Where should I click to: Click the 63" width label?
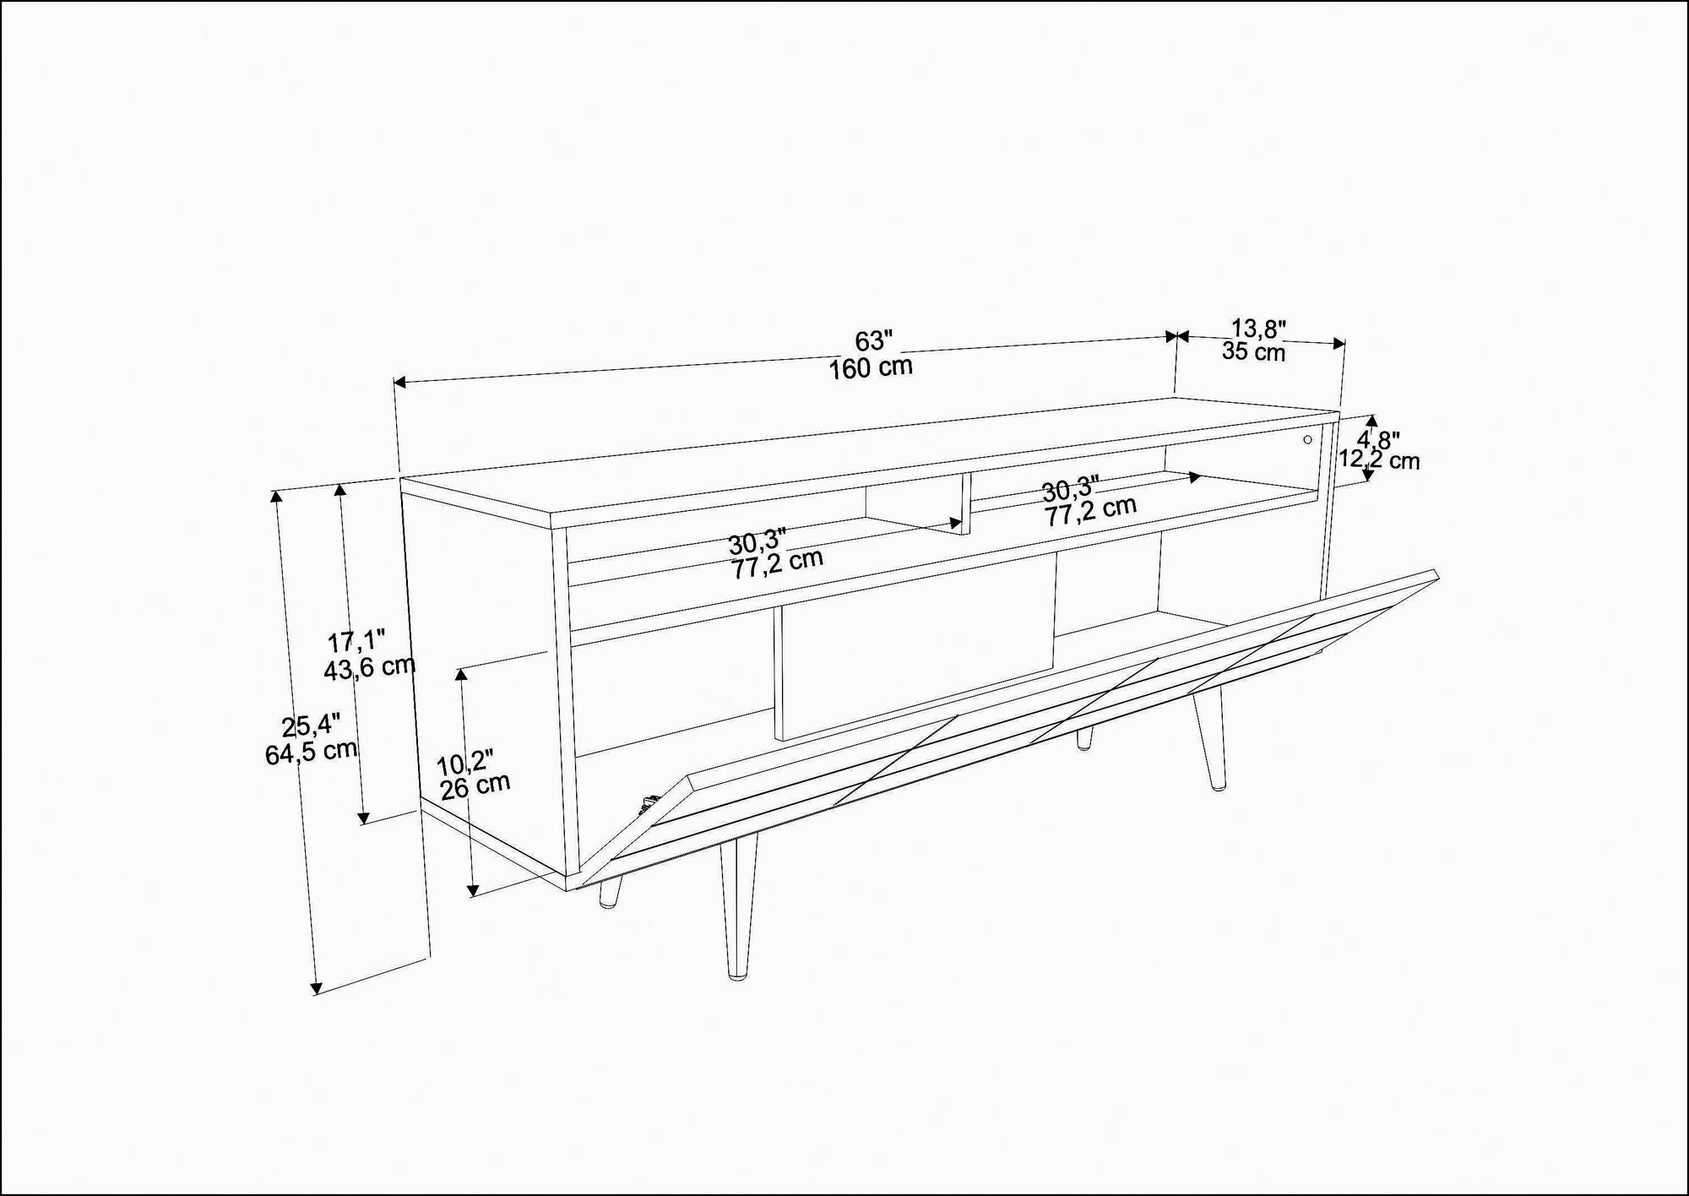coord(874,341)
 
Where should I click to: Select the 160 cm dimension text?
coord(871,368)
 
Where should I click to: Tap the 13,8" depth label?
coord(1257,328)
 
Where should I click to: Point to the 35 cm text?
coord(1253,351)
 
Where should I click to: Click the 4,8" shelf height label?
coord(1378,440)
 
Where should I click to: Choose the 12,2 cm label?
coord(1379,460)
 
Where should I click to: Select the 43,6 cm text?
coord(369,668)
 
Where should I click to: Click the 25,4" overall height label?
coord(311,726)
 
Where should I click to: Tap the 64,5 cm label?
coord(311,751)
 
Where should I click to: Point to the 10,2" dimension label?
coord(464,763)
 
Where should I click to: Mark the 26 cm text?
coord(475,786)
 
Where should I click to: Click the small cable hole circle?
coord(1308,439)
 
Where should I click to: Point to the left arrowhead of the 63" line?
coord(401,383)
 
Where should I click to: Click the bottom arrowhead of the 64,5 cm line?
coord(317,987)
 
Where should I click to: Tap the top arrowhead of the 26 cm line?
coord(461,674)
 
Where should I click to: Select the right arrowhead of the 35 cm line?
coord(1339,343)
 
